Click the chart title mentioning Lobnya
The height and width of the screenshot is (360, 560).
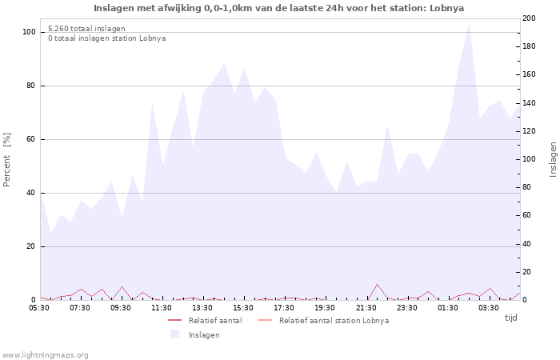coord(278,8)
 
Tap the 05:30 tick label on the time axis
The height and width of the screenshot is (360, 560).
coord(39,308)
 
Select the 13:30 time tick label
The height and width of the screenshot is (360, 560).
coord(202,308)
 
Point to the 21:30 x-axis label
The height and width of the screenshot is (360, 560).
coord(366,308)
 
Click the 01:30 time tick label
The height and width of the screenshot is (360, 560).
coord(448,308)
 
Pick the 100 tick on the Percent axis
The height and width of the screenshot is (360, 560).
coord(30,32)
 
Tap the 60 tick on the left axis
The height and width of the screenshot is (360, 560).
coord(32,139)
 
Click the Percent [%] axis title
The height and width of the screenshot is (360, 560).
coord(8,160)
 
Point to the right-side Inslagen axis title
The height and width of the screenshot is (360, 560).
coord(553,160)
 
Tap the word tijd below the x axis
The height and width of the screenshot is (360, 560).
coord(510,318)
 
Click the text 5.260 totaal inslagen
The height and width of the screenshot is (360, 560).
coord(86,29)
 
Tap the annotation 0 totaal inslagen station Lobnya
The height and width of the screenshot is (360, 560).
coord(106,38)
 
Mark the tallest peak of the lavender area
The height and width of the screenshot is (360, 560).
coord(469,23)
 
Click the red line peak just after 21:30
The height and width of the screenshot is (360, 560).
coord(377,284)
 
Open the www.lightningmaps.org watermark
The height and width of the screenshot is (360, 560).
coord(45,355)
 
